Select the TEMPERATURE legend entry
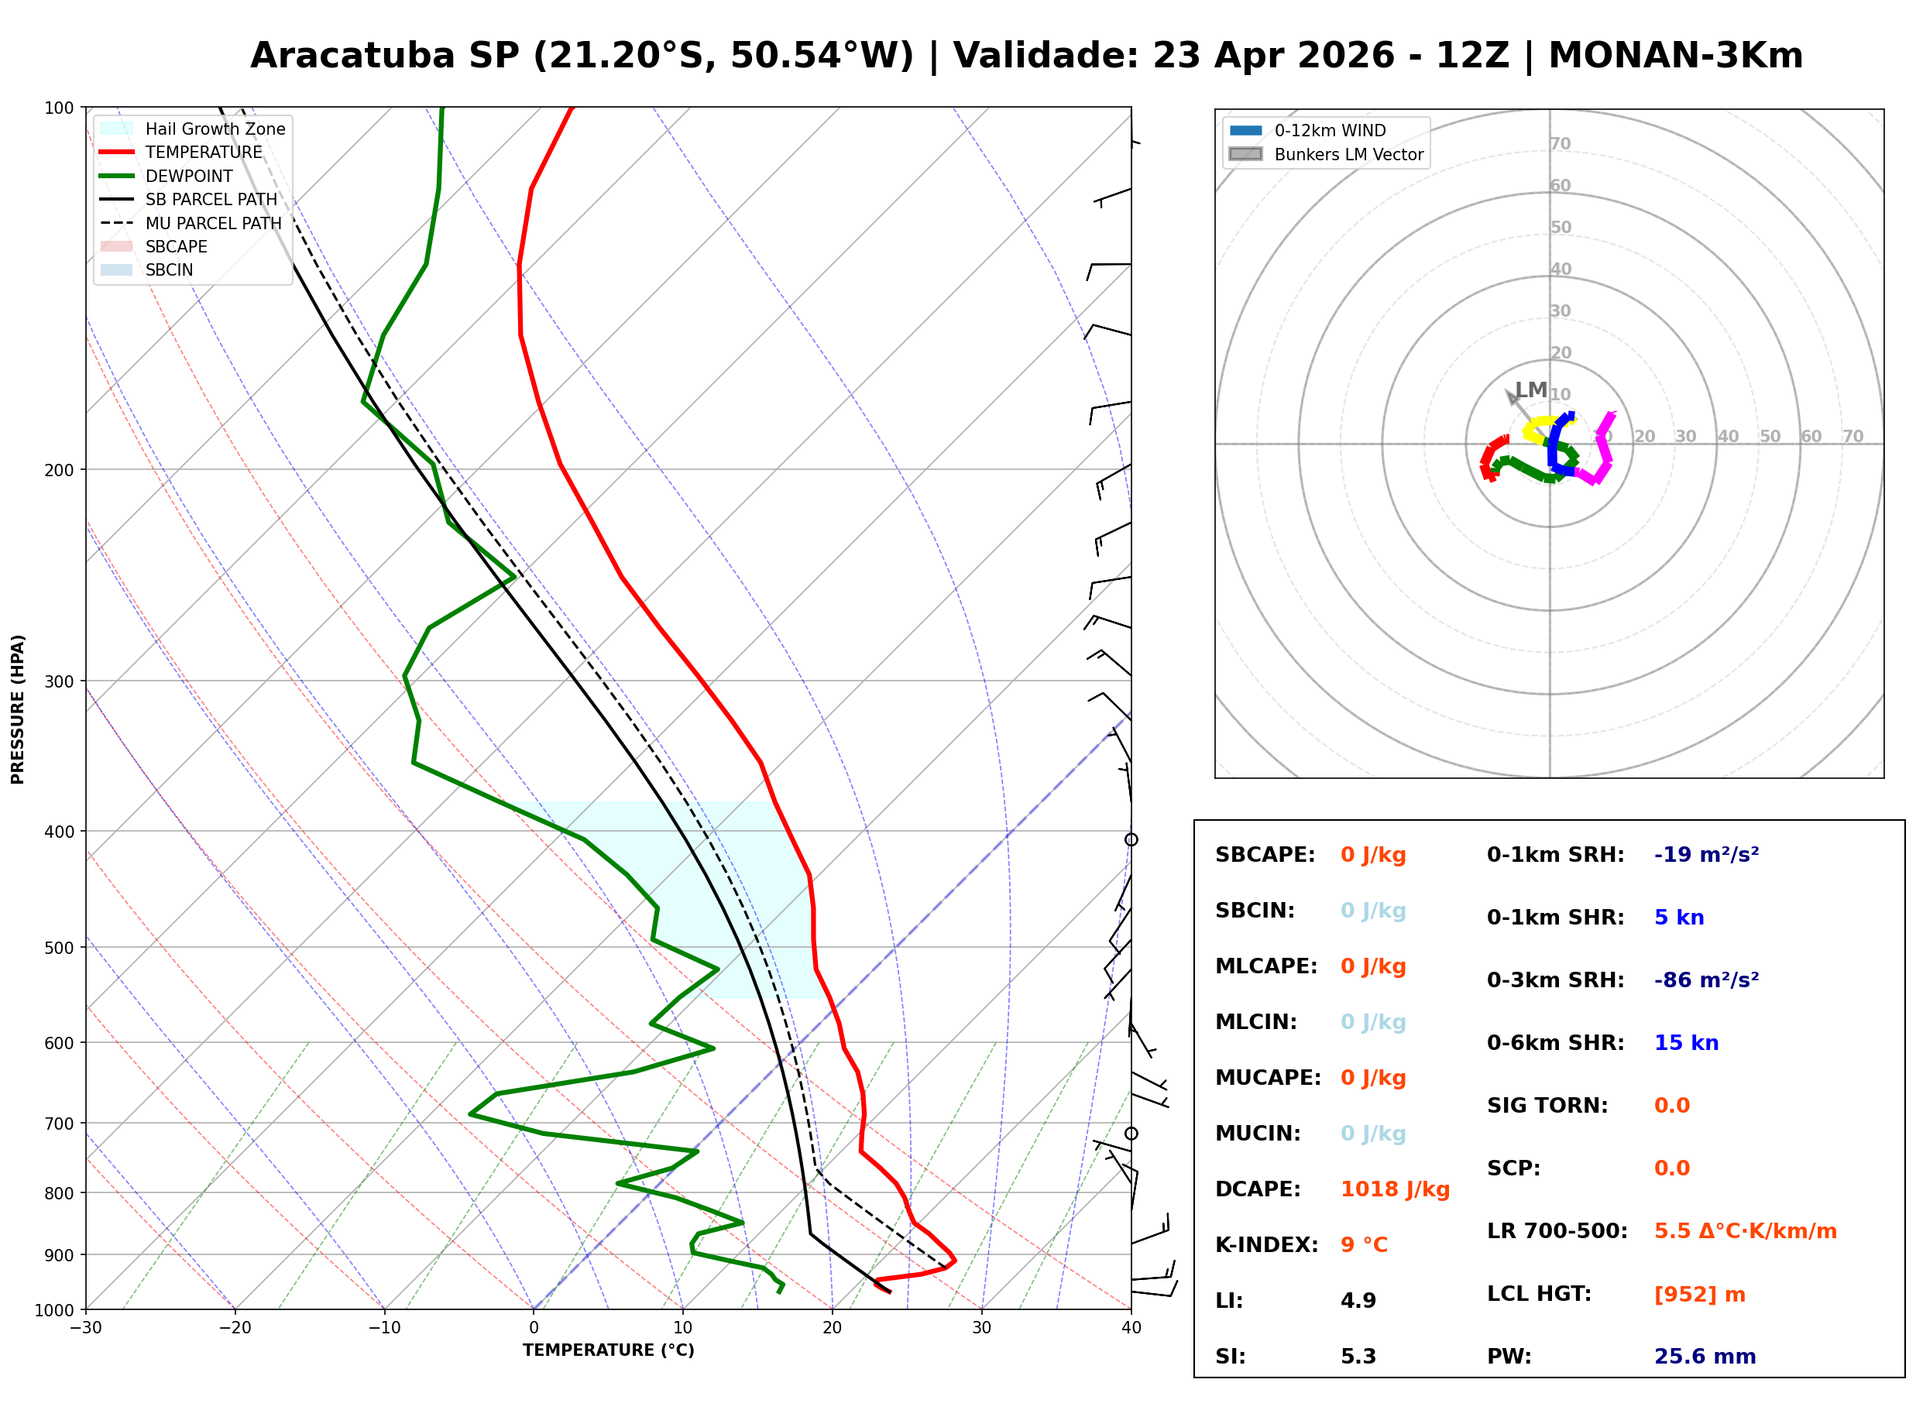click(x=203, y=153)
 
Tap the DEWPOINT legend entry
click(x=189, y=176)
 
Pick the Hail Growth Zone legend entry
click(x=215, y=129)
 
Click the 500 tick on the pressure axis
click(x=59, y=948)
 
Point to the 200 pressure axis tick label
click(x=59, y=470)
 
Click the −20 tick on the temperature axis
click(x=234, y=1328)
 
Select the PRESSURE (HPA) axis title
click(x=18, y=709)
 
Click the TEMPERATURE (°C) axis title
click(x=608, y=1351)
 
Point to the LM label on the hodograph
click(x=1531, y=391)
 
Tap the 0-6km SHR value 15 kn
click(x=1686, y=1043)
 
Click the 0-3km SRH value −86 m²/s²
click(x=1706, y=980)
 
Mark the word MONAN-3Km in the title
click(x=1675, y=56)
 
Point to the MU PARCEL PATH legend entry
click(x=213, y=223)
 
